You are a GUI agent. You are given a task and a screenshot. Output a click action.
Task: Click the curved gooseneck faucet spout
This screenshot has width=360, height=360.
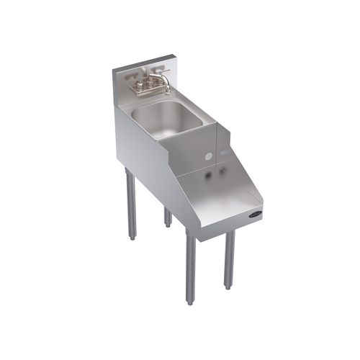click(x=165, y=78)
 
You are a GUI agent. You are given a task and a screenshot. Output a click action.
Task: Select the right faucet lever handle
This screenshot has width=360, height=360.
click(x=160, y=73)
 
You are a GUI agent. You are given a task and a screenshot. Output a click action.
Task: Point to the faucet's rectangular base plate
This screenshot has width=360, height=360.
click(x=147, y=90)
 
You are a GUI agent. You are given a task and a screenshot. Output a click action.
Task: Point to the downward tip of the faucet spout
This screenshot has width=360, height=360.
click(x=171, y=92)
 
